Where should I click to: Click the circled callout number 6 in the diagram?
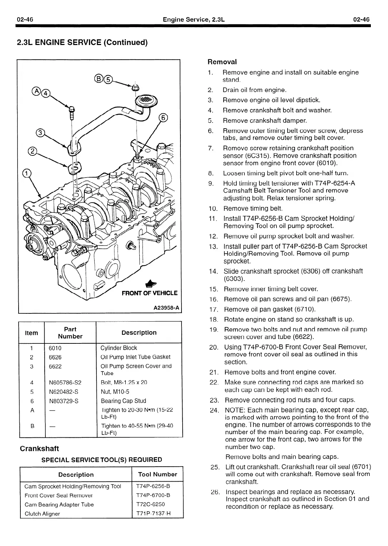163,118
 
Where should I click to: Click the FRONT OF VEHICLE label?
149,293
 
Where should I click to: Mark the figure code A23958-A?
166,307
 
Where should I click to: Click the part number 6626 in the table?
55,357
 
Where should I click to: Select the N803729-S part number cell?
64,401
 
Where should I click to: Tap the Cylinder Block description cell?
119,348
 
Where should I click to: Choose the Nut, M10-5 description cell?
115,392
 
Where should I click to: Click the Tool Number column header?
158,474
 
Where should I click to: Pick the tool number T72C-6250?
150,504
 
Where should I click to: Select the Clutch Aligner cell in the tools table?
42,513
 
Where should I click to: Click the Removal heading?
222,62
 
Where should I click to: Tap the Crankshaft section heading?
39,448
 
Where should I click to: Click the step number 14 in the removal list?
213,271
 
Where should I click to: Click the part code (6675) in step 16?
341,299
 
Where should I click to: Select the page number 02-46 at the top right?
361,20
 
